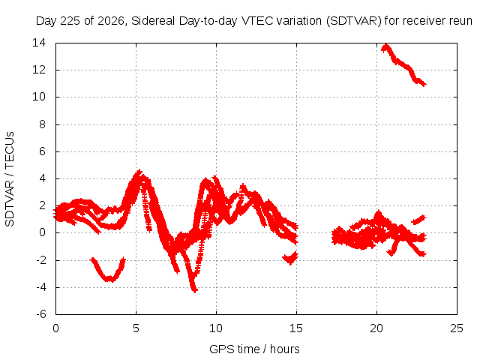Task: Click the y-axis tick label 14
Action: tap(39, 43)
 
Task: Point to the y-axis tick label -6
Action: tap(40, 314)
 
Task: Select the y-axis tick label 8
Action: tap(42, 124)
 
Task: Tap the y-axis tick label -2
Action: tap(40, 260)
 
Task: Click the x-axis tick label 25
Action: tap(457, 328)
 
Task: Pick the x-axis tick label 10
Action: tap(216, 328)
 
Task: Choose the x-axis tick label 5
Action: tap(136, 328)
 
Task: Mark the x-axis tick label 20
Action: tap(376, 328)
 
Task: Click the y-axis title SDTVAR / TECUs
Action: tap(10, 179)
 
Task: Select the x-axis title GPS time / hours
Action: tap(254, 349)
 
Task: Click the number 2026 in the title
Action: tap(111, 21)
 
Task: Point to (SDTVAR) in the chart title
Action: tap(354, 21)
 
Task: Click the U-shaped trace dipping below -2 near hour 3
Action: tap(108, 271)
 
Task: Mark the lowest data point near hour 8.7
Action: tap(195, 290)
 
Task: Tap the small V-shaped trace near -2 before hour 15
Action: tap(290, 258)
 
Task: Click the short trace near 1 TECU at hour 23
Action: tap(418, 220)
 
